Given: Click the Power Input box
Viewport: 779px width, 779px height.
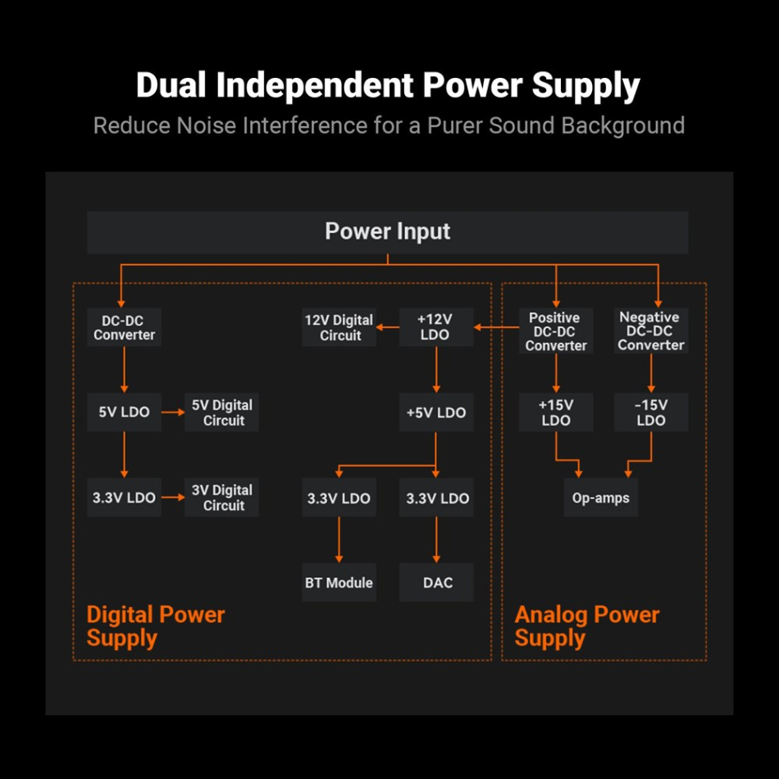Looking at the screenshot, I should coord(387,232).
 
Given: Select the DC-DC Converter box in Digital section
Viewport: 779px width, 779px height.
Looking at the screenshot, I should coord(124,328).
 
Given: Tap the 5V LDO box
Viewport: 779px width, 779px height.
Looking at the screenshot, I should coord(124,412).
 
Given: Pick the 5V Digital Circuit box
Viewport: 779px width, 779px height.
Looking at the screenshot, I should coord(221,412).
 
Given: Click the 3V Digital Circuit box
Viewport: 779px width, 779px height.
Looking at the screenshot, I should coord(221,498).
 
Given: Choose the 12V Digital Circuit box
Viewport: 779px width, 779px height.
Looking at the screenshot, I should coord(339,327).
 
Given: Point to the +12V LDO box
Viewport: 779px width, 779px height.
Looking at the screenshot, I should coord(435,327).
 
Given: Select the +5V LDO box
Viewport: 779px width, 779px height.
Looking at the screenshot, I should coord(435,412).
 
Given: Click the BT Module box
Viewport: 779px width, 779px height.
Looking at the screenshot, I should coord(339,583).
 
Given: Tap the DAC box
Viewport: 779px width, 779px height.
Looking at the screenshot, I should coord(436,583).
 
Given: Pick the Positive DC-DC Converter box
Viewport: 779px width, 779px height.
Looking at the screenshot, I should coord(556,331).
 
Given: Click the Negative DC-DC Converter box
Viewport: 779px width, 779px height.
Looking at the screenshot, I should coord(651,330).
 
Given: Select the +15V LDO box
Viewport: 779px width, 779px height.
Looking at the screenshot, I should coord(556,412).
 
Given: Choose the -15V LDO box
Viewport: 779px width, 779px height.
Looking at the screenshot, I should coord(651,412).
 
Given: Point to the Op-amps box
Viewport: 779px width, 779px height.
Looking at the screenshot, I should coord(600,498).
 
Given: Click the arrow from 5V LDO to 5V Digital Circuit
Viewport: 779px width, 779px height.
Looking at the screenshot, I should coord(172,412).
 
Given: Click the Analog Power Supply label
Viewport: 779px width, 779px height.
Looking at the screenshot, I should coord(586,626).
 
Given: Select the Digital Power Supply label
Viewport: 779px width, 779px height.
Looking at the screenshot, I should coord(155,626).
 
